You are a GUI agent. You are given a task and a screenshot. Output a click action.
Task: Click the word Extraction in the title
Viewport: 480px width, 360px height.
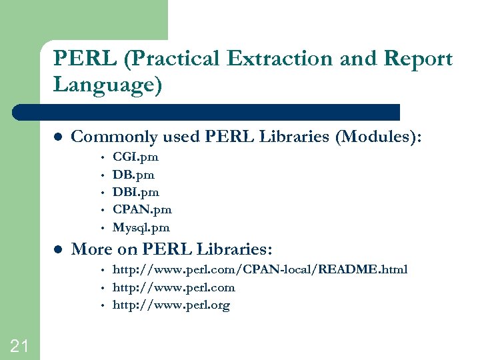pyautogui.click(x=281, y=59)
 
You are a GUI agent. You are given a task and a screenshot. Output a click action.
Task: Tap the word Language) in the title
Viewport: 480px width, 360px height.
pyautogui.click(x=107, y=85)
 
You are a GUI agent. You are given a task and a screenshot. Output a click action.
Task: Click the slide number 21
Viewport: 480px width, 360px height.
pyautogui.click(x=19, y=345)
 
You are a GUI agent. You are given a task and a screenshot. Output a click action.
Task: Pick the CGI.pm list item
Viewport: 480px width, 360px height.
pyautogui.click(x=135, y=157)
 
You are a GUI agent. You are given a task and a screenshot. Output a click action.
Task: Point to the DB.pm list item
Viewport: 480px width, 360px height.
pyautogui.click(x=133, y=175)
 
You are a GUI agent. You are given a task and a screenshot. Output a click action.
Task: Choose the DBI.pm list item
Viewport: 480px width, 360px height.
pyautogui.click(x=135, y=192)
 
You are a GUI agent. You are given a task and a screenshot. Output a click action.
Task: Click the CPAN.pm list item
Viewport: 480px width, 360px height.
pyautogui.click(x=142, y=209)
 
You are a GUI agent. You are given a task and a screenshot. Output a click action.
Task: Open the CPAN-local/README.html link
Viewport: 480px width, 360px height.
pyautogui.click(x=259, y=269)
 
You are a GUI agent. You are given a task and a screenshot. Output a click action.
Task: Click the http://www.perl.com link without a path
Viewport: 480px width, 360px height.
pyautogui.click(x=173, y=287)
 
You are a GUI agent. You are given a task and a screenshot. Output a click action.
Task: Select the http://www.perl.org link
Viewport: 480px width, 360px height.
pyautogui.click(x=171, y=305)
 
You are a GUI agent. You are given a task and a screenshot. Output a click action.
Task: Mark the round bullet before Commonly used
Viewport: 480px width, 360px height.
pyautogui.click(x=57, y=137)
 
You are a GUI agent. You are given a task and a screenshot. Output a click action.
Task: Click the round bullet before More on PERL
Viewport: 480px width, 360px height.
pyautogui.click(x=57, y=250)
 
